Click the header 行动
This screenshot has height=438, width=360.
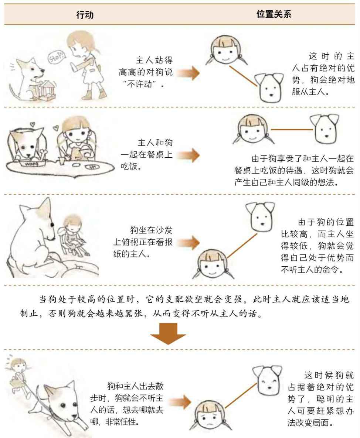pos(85,14)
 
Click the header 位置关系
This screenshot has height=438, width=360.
pos(274,14)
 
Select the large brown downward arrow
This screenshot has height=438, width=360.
pos(168,333)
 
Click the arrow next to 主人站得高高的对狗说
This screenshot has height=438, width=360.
pos(188,73)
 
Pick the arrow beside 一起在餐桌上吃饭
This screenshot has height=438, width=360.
pos(188,155)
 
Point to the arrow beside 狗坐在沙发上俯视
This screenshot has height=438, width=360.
pos(188,242)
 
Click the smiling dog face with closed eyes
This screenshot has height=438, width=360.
pos(267,380)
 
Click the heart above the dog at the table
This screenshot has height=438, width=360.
pos(33,124)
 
